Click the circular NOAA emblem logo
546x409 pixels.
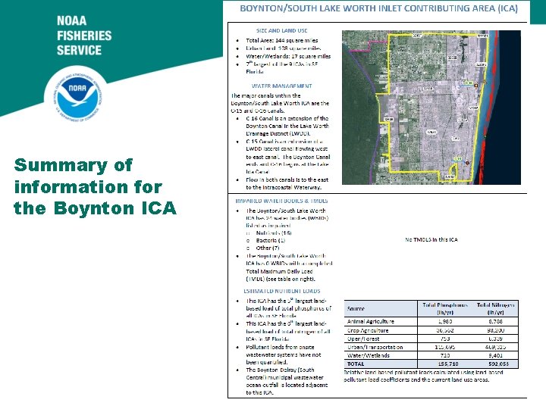pyautogui.click(x=73, y=98)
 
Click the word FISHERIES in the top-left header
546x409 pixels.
pyautogui.click(x=83, y=36)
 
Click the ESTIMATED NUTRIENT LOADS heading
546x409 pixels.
pyautogui.click(x=281, y=291)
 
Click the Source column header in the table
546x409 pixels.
pyautogui.click(x=356, y=309)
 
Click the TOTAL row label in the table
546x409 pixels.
pyautogui.click(x=356, y=364)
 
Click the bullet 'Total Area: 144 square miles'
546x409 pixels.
pyautogui.click(x=282, y=41)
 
